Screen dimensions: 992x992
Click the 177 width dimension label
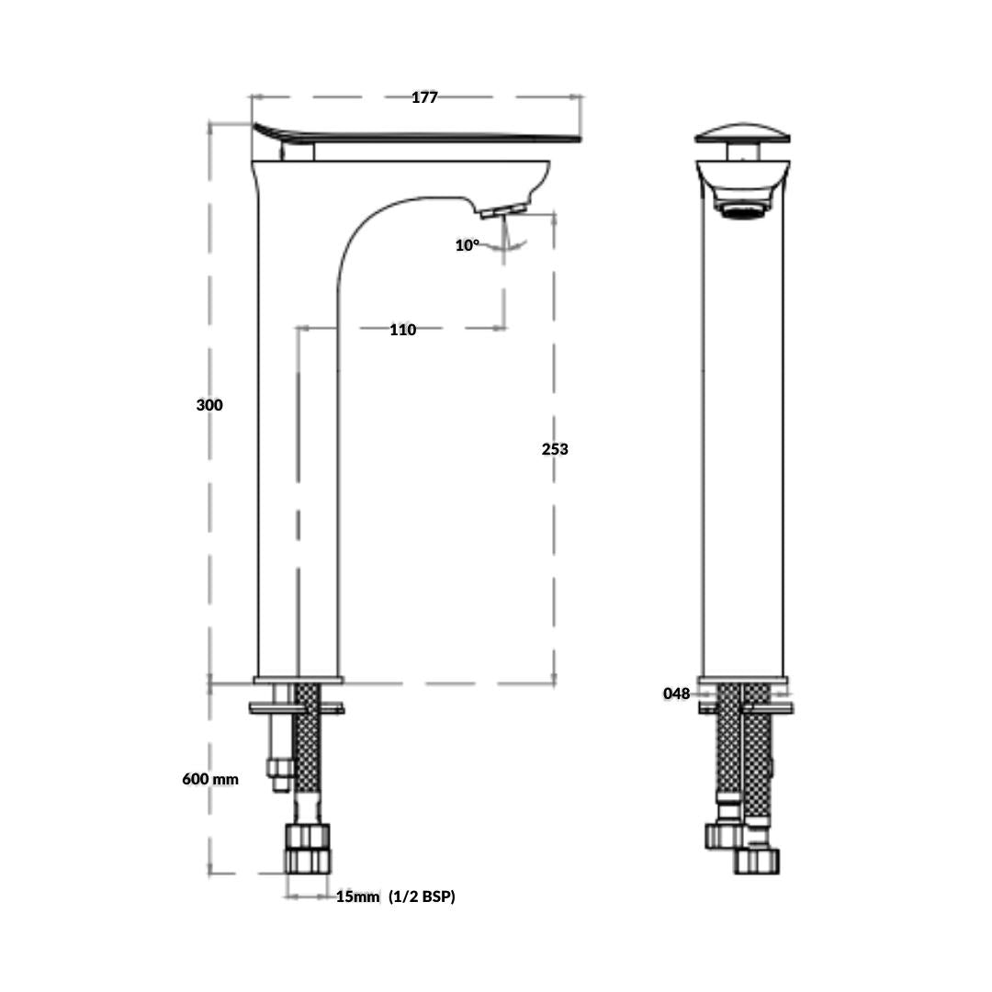click(x=424, y=97)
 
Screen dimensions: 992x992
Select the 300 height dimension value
click(x=209, y=405)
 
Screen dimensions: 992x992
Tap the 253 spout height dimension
click(x=555, y=449)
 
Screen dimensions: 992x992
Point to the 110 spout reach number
click(x=403, y=330)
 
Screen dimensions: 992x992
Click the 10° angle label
click(x=468, y=245)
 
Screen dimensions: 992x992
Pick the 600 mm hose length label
click(x=210, y=779)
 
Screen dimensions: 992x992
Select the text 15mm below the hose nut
click(x=357, y=896)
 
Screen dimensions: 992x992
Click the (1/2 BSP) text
click(x=422, y=896)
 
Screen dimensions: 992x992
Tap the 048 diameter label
click(x=676, y=694)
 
